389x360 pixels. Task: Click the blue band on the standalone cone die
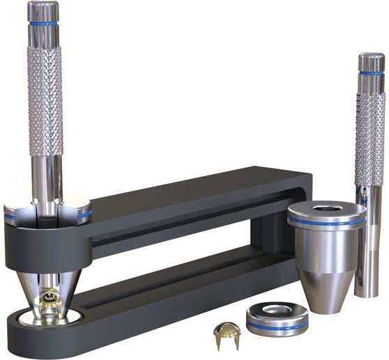click(326, 222)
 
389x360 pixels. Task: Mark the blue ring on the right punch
click(371, 72)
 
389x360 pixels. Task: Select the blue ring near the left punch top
click(43, 24)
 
